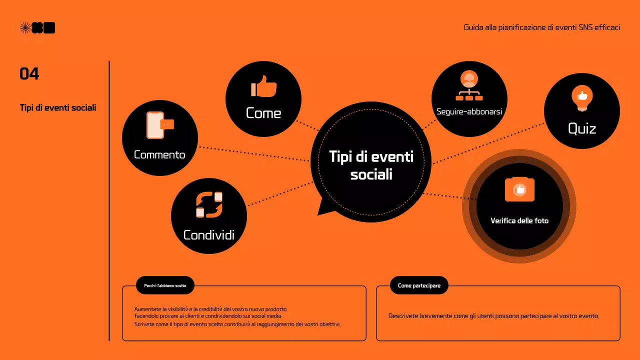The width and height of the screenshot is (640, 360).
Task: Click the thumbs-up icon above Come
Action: [263, 86]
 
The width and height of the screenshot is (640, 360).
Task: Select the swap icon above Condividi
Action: [209, 205]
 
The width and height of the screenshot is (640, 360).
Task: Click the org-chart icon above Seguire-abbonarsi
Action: [469, 86]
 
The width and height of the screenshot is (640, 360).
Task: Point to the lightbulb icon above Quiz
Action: [582, 98]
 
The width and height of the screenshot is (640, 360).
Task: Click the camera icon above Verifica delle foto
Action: [519, 189]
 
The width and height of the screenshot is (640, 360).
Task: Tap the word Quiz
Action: [582, 128]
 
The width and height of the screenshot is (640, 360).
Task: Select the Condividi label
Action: [209, 234]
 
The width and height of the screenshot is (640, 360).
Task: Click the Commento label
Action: [159, 154]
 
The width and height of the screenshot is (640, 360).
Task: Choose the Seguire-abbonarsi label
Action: [469, 111]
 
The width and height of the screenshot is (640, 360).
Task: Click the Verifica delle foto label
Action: [519, 220]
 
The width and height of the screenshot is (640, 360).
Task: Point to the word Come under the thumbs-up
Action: [263, 113]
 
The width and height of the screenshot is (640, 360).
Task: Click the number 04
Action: [29, 74]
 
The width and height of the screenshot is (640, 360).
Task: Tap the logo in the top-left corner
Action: [37, 28]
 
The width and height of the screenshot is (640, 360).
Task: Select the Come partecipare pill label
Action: [419, 285]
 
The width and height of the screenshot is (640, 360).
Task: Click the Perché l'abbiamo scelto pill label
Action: [165, 285]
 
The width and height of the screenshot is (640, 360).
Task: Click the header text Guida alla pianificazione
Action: [542, 27]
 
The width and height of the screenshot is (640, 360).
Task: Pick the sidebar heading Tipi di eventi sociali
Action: [58, 107]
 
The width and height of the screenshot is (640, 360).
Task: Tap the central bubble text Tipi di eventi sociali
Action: [371, 165]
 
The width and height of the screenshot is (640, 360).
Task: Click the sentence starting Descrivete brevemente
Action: [493, 316]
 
